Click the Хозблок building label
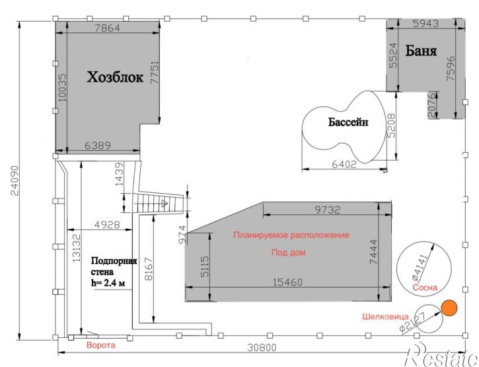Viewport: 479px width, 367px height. [x=115, y=77]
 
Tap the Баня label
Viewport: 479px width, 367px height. [x=421, y=50]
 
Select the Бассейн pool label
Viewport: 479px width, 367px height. [x=348, y=122]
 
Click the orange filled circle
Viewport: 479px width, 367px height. [x=449, y=307]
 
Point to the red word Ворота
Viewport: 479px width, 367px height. [x=101, y=345]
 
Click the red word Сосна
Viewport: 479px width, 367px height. [x=425, y=288]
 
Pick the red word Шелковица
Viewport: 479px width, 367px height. [x=385, y=317]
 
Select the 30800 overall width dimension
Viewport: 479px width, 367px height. [x=262, y=347]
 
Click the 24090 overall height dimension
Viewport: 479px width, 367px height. [x=15, y=181]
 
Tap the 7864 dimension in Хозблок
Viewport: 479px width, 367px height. [x=108, y=28]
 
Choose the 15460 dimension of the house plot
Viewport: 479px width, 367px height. [x=287, y=282]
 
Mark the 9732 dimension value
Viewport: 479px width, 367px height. [x=327, y=210]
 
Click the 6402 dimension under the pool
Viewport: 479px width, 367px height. [x=344, y=164]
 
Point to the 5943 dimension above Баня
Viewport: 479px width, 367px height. [x=425, y=23]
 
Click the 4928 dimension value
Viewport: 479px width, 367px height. [x=107, y=225]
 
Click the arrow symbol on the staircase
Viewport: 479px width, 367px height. [x=165, y=203]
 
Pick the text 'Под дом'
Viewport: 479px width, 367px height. [x=288, y=253]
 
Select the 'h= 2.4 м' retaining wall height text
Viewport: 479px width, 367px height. [x=108, y=282]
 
